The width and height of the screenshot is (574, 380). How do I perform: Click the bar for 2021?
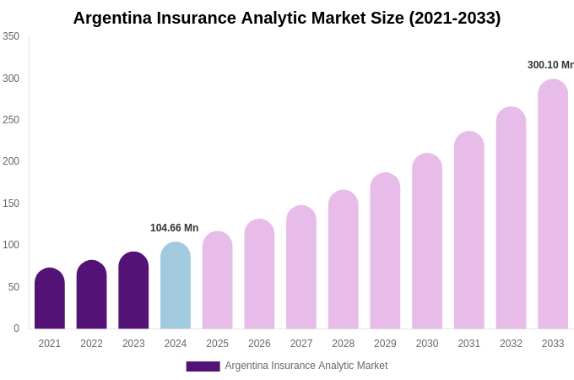(x=50, y=299)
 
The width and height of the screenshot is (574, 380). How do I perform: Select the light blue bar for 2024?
(x=176, y=286)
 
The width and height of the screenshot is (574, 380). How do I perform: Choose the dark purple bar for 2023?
(x=133, y=290)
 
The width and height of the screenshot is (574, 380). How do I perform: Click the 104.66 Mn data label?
(x=175, y=228)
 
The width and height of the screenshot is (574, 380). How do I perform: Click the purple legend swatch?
(x=203, y=366)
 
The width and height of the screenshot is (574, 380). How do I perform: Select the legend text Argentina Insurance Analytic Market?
(x=306, y=366)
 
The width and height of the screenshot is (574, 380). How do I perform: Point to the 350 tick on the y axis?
(x=11, y=36)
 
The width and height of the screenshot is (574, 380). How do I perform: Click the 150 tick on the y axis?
(x=11, y=204)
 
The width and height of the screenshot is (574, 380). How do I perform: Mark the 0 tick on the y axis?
(x=16, y=328)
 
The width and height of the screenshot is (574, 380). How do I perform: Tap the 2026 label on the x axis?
(x=259, y=344)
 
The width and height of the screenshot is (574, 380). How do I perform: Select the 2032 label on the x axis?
(x=511, y=344)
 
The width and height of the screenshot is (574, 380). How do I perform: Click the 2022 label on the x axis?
(x=91, y=344)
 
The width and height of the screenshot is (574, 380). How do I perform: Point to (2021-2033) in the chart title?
(x=455, y=18)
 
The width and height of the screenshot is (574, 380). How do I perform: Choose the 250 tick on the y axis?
(x=11, y=120)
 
